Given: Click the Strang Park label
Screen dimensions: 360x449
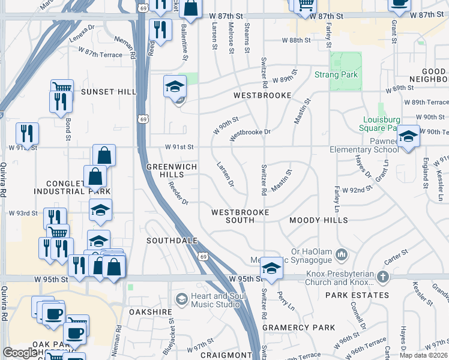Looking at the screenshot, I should pos(336,75).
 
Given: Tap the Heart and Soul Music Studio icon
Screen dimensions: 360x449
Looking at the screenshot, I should pos(181,299).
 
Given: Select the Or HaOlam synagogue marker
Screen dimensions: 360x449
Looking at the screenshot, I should pos(342,254).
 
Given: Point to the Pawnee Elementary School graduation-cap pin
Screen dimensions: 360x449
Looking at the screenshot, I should pos(408,137).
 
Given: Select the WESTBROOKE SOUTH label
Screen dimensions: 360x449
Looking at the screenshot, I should pos(240,217).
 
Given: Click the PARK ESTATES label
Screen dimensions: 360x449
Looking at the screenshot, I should pos(357,295).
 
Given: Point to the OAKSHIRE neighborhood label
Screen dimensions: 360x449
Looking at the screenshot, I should pos(149,312).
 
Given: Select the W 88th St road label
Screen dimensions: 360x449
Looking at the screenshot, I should pos(297,40).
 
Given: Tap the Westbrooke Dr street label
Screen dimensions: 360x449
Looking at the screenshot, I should pos(250,132).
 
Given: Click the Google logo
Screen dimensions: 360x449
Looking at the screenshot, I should pos(20,353).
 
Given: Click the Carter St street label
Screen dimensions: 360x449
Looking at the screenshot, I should pos(397,257).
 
